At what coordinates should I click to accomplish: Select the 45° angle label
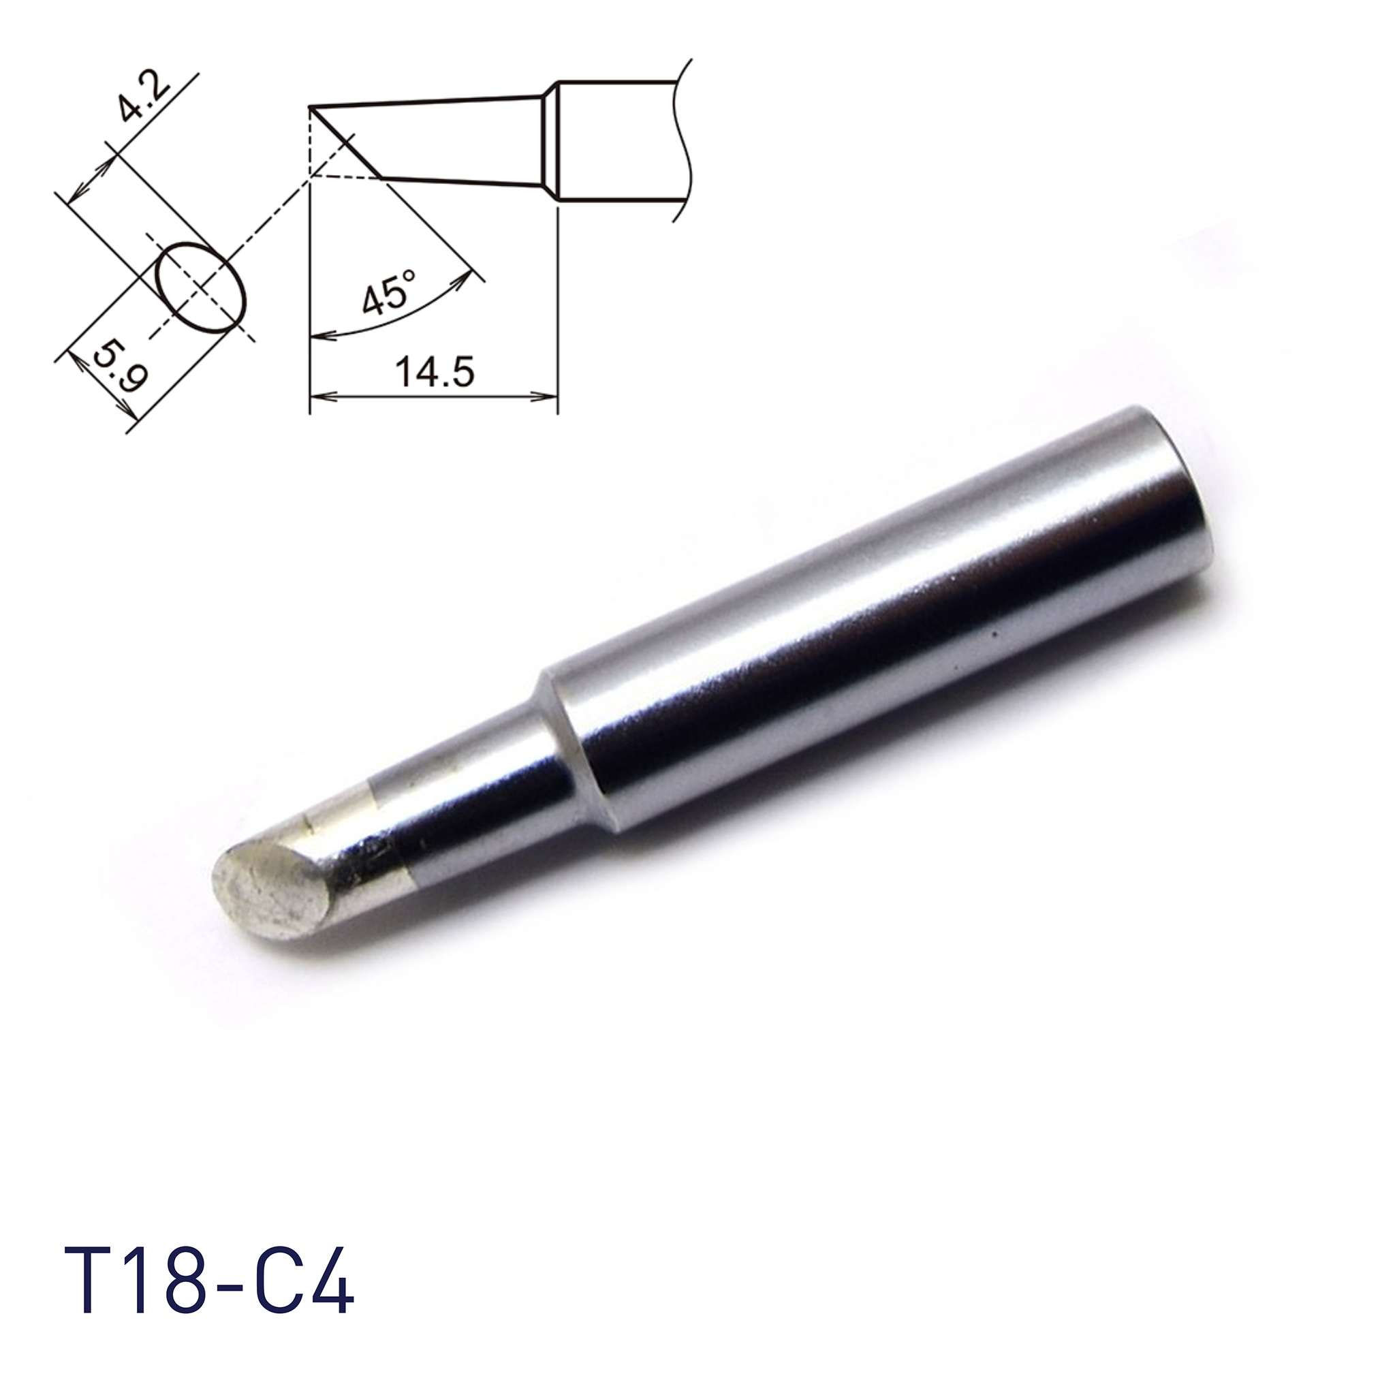(390, 292)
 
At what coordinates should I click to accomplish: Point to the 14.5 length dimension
(434, 373)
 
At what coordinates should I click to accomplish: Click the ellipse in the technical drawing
(202, 287)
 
